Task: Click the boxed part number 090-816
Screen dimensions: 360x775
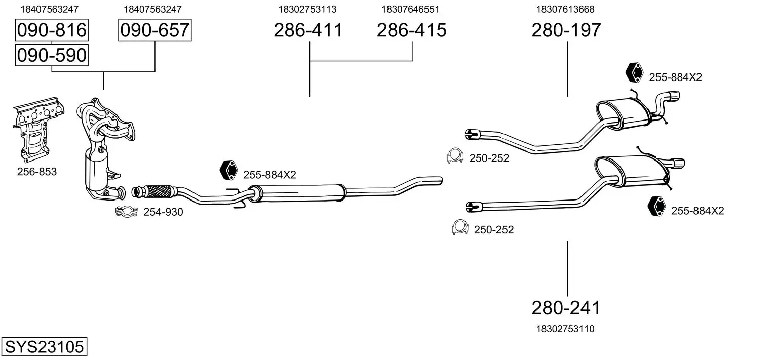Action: (52, 31)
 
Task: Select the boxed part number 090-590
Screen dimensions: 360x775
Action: (52, 55)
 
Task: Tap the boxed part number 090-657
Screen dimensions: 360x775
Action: (154, 31)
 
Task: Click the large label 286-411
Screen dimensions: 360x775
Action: (308, 30)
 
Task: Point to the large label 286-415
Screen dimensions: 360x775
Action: (411, 30)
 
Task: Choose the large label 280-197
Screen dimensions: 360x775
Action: (566, 30)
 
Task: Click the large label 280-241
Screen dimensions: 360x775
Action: (566, 307)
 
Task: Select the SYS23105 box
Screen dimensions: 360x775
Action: (44, 347)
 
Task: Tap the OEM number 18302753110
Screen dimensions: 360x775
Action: (565, 329)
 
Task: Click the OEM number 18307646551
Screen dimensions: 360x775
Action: (410, 9)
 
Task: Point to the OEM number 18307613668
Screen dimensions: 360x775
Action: (565, 9)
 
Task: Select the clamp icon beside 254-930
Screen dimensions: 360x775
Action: (127, 212)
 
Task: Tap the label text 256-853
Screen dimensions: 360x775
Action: (37, 172)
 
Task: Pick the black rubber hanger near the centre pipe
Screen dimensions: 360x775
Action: (229, 170)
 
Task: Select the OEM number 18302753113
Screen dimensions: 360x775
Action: (307, 9)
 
